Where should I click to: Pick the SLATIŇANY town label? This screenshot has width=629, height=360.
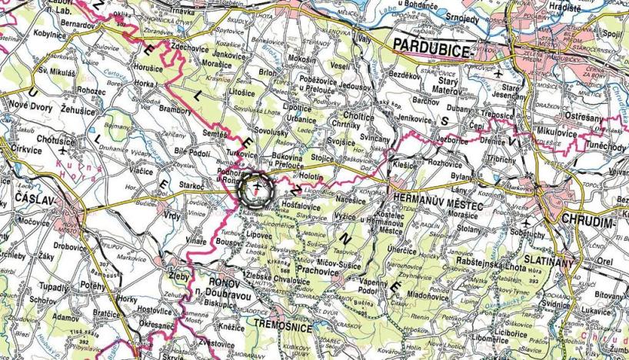(x=547, y=262)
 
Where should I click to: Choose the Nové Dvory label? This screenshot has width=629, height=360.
(x=27, y=108)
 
